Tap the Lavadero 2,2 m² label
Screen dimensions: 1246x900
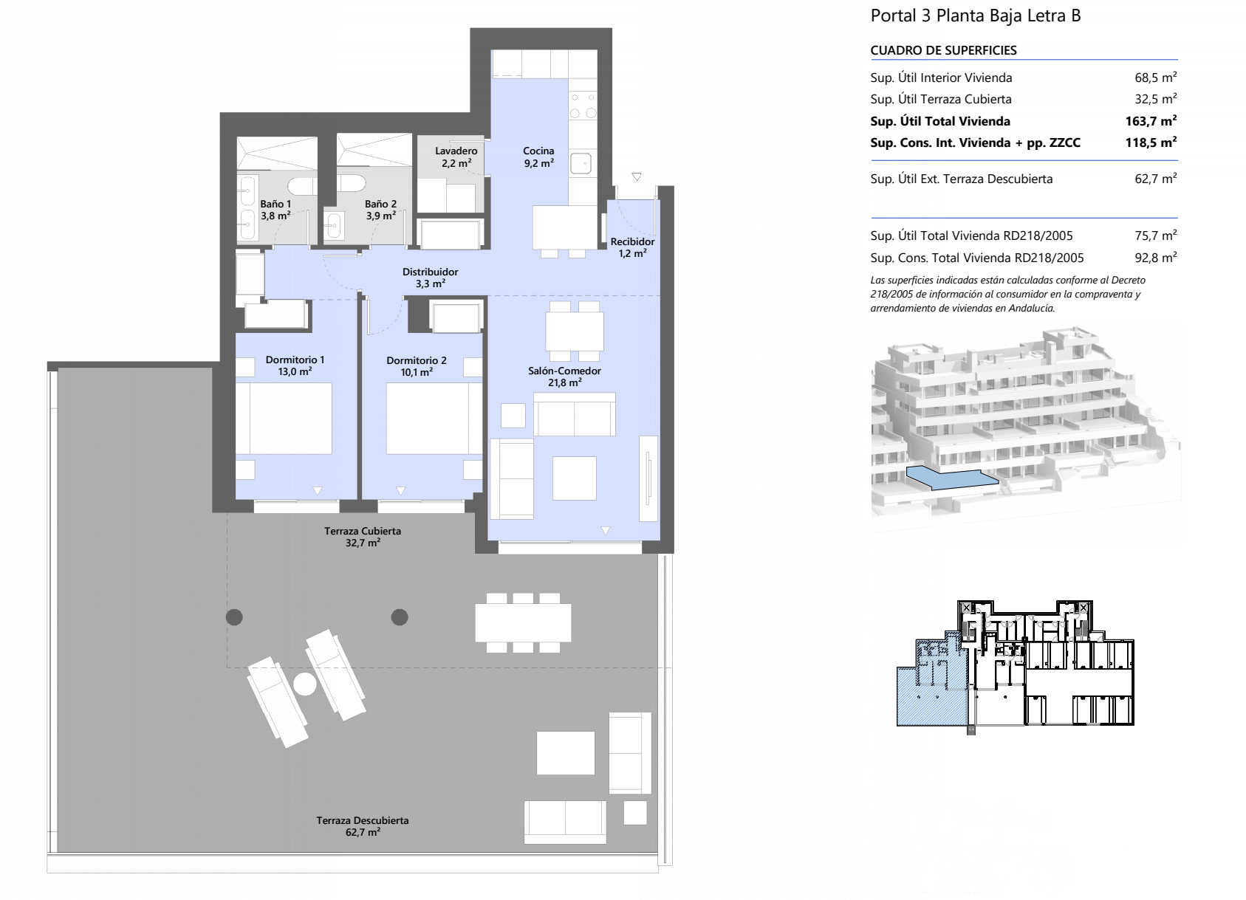(456, 157)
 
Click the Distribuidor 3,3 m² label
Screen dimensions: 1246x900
(431, 278)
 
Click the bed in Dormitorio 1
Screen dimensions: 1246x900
(291, 418)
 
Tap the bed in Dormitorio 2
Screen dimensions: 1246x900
(427, 418)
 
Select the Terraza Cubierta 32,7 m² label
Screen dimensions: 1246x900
(363, 537)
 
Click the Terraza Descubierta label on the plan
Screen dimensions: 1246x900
(363, 826)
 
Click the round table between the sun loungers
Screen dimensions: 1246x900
(305, 684)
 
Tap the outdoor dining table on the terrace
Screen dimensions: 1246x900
(523, 622)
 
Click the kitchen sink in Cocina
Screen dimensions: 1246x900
(581, 163)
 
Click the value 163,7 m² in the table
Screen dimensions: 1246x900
(1151, 120)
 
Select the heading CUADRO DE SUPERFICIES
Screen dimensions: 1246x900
(943, 50)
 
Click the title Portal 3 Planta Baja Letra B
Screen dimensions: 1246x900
(976, 16)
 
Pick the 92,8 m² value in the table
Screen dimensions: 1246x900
(1156, 258)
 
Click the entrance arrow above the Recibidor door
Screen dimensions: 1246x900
(637, 176)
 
